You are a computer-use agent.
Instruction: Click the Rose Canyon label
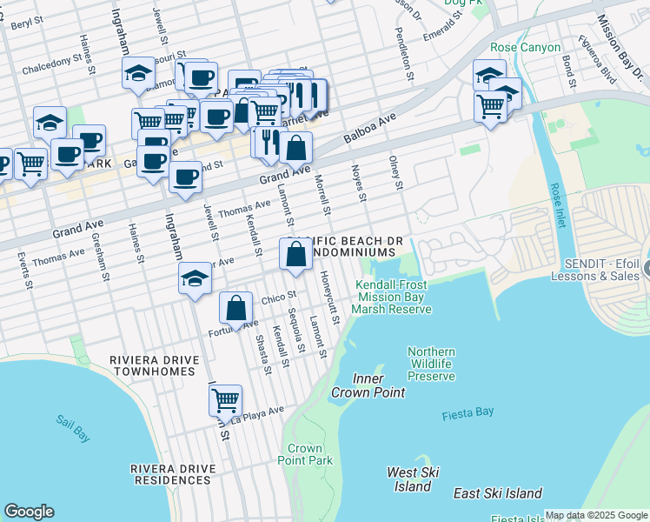pos(526,48)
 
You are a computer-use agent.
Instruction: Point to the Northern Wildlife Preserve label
pos(431,364)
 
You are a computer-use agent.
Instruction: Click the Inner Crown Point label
pos(368,385)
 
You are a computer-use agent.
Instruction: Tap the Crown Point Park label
pos(310,454)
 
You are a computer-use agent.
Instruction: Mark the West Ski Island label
pos(413,478)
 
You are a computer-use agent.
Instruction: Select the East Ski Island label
pos(498,493)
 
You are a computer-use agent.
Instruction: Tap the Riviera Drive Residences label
pos(171,474)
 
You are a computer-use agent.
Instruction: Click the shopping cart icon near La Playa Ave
pos(226,400)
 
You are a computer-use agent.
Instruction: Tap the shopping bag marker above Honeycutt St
pos(295,255)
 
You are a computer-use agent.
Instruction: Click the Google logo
pos(29,512)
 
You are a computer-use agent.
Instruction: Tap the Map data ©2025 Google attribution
pos(596,515)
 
